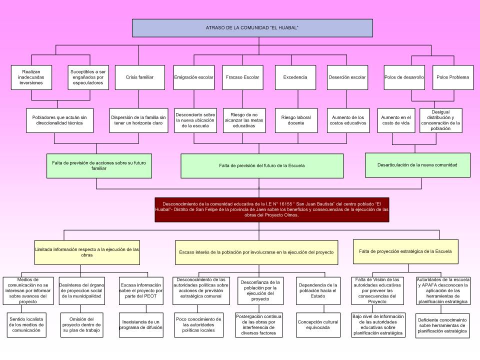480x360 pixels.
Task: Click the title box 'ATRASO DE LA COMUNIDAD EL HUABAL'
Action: coord(252,28)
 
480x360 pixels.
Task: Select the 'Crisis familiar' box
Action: coord(139,77)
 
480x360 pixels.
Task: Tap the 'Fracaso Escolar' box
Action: coord(242,77)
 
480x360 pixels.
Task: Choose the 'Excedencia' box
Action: coord(295,77)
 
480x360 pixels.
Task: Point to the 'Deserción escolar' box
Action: coord(347,77)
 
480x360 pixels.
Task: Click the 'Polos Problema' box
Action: coord(452,77)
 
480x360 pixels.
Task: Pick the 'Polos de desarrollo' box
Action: coord(404,77)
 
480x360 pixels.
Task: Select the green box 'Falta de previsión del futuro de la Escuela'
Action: coord(262,165)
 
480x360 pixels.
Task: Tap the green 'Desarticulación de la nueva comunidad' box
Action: coord(417,164)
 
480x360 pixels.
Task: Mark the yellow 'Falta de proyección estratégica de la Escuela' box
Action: coord(405,251)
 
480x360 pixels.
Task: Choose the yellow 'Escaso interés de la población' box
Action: coord(256,252)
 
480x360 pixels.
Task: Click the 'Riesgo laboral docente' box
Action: coord(296,120)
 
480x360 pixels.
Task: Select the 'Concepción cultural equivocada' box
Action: coord(318,325)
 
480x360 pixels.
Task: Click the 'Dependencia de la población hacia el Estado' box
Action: coord(318,290)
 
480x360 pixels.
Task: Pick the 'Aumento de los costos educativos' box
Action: coord(348,120)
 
